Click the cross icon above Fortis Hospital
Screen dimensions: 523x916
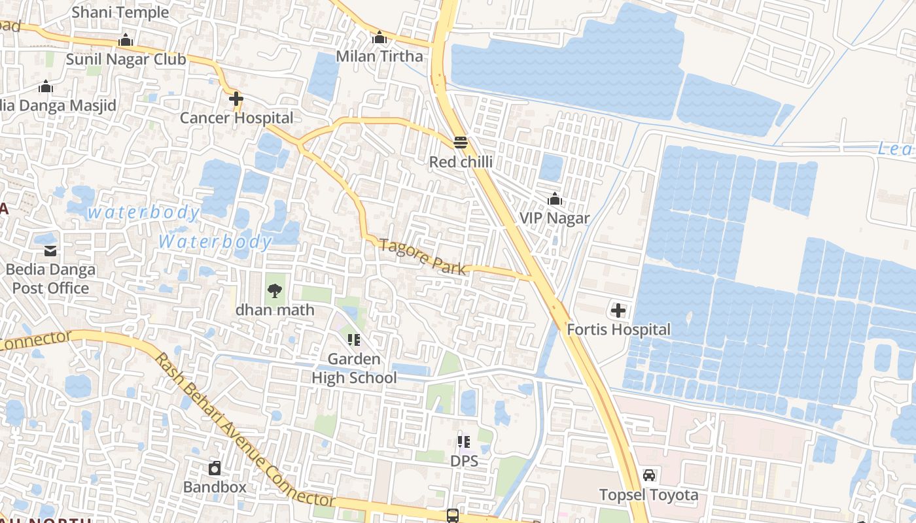point(618,311)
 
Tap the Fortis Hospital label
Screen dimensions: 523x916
point(618,329)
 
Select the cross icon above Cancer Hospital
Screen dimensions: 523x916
point(236,99)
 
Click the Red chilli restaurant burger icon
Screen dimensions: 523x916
point(461,143)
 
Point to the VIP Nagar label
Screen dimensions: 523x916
point(554,218)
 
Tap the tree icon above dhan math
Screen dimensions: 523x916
point(275,290)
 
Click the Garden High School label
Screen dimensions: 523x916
point(354,369)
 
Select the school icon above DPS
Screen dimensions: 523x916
point(464,442)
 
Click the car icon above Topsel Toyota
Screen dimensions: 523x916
point(649,475)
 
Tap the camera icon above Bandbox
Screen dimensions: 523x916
point(215,468)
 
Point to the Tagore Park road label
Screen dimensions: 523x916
point(423,257)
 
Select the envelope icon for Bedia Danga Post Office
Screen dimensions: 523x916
point(50,250)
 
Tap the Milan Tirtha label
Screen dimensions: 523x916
point(379,56)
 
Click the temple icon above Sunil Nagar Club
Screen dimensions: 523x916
point(126,41)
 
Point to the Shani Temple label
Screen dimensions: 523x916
point(120,12)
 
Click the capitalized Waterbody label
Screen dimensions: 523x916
point(215,242)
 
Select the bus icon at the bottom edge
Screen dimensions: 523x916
point(452,515)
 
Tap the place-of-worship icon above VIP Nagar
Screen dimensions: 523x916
point(555,199)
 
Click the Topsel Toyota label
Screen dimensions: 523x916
point(649,495)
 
